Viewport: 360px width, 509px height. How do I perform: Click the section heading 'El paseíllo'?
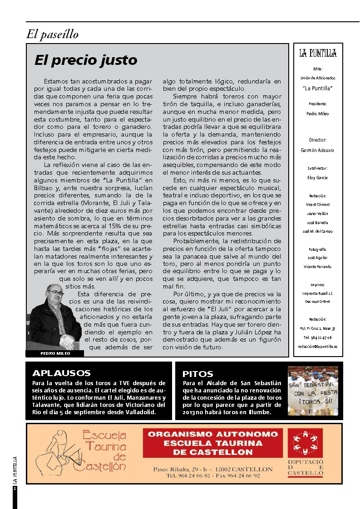click(53, 34)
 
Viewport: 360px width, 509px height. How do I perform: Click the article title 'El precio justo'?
click(86, 60)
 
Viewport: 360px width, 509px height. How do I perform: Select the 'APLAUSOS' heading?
click(62, 373)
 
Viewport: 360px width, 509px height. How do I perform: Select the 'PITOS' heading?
click(197, 374)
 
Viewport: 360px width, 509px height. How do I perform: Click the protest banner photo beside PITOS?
click(313, 391)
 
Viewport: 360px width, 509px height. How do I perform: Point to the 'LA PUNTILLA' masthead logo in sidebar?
click(318, 54)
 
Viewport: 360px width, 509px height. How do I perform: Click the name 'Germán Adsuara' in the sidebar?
click(318, 150)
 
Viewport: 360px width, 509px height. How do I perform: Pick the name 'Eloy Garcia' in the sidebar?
click(318, 177)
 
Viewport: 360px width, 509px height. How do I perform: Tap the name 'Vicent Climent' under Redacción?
click(318, 205)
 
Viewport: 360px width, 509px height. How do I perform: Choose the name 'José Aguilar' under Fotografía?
click(318, 257)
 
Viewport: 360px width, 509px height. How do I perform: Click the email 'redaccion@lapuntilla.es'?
click(318, 346)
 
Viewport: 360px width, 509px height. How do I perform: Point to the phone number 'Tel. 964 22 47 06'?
click(318, 338)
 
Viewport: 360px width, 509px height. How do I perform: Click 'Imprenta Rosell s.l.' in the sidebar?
click(318, 293)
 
